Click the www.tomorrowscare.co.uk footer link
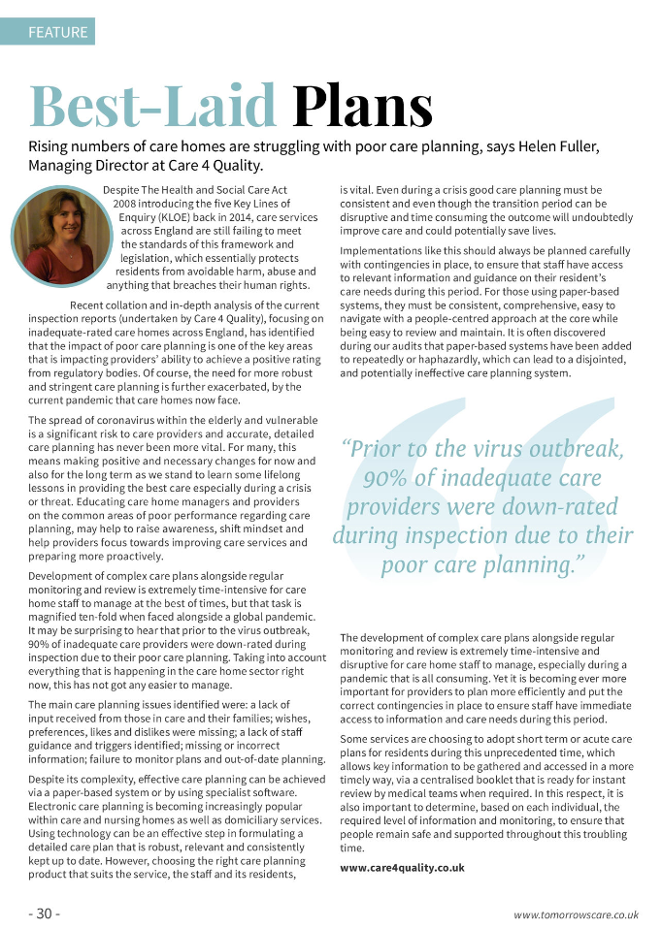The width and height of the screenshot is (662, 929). (576, 913)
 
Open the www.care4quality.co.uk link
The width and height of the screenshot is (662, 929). (402, 867)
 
